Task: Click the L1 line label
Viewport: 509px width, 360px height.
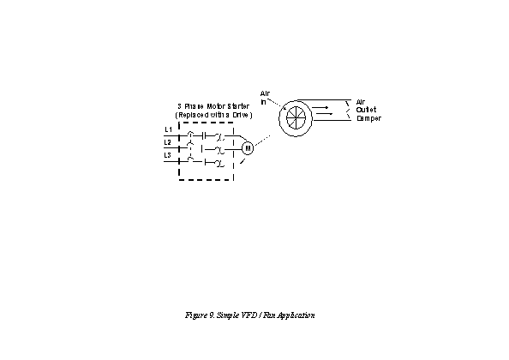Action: click(x=168, y=129)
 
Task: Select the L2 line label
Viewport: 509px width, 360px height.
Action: click(x=167, y=142)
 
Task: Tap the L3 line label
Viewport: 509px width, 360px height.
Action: click(x=167, y=155)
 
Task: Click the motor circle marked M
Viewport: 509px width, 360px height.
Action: click(x=248, y=148)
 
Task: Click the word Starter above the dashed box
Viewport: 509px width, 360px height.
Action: click(x=238, y=106)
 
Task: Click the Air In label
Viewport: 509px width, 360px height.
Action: click(x=265, y=98)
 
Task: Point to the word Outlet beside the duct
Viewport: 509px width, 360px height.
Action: click(x=366, y=110)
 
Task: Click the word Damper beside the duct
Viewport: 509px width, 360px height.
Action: click(x=368, y=118)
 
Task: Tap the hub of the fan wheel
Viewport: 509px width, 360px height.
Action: click(x=296, y=117)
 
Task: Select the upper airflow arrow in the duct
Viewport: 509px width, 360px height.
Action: click(x=321, y=107)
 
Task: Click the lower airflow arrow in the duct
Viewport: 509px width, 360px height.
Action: click(x=324, y=114)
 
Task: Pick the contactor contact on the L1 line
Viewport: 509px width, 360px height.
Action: click(x=204, y=136)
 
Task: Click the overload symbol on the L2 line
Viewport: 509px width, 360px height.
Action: click(x=219, y=150)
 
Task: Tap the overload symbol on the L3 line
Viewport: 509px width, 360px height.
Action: click(x=219, y=163)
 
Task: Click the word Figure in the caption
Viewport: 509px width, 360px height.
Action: click(x=195, y=315)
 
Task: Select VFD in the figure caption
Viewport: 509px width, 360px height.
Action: click(x=249, y=315)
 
